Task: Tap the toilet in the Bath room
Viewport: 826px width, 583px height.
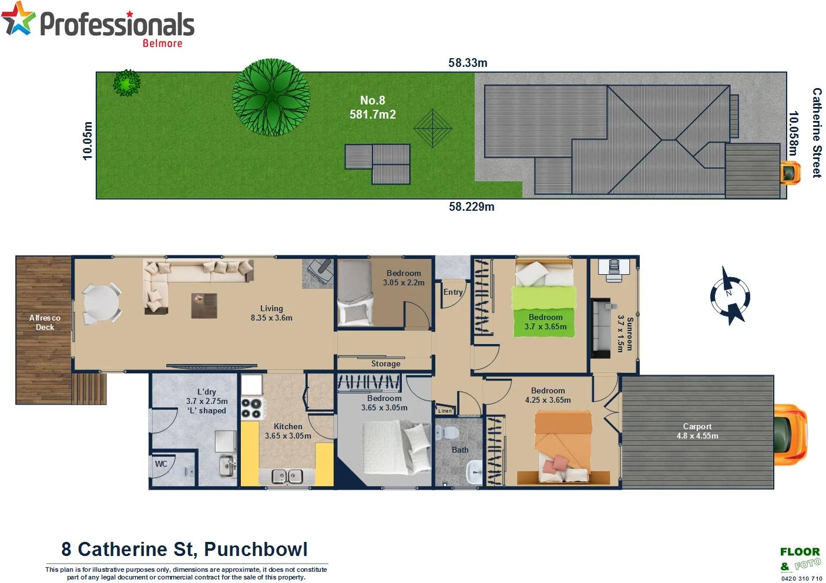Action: coord(450,433)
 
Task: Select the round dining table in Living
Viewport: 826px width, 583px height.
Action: coord(101,304)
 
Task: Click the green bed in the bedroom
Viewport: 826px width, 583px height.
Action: coord(543,305)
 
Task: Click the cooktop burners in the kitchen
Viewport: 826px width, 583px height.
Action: coord(251,408)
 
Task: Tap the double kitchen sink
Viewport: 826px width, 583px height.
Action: coord(287,476)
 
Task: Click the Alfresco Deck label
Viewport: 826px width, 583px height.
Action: coord(45,322)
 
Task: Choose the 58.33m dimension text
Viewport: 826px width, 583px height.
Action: coord(468,63)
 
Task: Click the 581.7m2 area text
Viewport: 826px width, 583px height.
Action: coord(372,114)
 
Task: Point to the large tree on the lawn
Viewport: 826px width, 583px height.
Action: coord(271,97)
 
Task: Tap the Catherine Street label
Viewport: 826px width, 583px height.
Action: coord(817,133)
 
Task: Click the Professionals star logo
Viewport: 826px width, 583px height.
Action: coord(18,19)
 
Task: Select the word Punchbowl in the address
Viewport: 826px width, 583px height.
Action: coord(256,550)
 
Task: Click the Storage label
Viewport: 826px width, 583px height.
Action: coord(385,364)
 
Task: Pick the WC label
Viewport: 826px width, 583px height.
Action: coord(161,464)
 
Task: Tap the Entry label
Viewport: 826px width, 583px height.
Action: coord(453,292)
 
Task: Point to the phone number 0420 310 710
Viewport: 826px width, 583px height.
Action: coord(801,578)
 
